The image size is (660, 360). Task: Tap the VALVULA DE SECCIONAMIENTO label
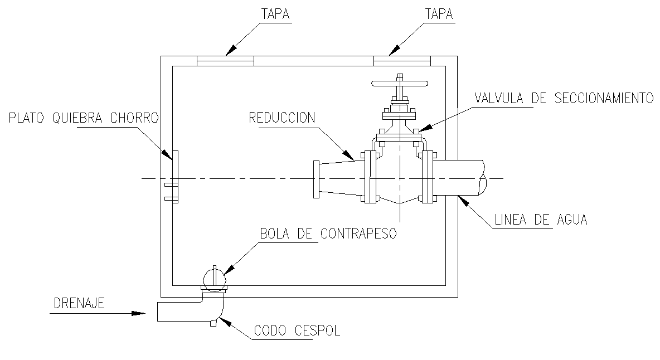(564, 99)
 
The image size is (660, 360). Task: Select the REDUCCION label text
(282, 118)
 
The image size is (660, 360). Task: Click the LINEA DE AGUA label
(541, 220)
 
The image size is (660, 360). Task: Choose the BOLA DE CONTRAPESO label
(328, 234)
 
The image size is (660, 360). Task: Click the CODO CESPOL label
(297, 331)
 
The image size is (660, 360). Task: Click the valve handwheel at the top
(399, 85)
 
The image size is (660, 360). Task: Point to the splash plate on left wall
(174, 177)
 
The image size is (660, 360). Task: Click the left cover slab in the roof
(226, 61)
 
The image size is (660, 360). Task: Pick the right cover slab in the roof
(402, 61)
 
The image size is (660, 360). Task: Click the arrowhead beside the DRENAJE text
(138, 314)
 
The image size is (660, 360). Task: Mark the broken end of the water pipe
(483, 178)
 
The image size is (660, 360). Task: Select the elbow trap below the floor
(214, 306)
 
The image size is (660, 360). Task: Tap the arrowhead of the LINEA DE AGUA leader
(462, 201)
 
